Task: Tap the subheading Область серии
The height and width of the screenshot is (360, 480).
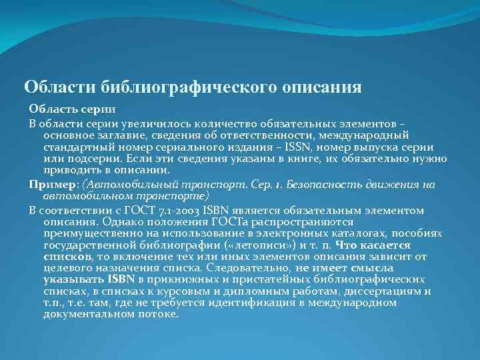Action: coord(72,109)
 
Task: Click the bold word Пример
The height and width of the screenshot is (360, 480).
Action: coord(52,184)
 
